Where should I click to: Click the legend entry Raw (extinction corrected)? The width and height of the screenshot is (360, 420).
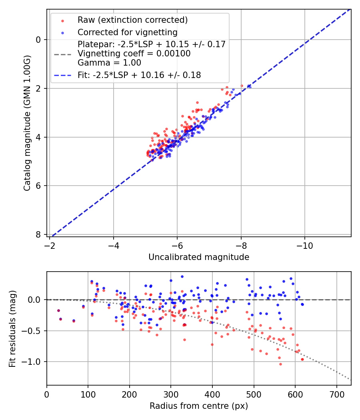(132, 20)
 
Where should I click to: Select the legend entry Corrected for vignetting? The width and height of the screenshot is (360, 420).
(127, 32)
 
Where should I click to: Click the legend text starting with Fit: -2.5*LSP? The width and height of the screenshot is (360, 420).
(139, 75)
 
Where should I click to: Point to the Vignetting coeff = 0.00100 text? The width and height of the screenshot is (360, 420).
(134, 54)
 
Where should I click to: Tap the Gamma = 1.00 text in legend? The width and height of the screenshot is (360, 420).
(109, 63)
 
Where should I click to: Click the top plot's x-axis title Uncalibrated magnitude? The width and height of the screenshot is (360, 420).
(199, 257)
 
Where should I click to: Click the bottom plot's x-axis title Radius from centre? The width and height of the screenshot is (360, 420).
(199, 406)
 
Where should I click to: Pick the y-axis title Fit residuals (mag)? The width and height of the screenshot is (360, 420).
(12, 328)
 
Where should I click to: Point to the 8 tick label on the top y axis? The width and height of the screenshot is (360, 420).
(38, 234)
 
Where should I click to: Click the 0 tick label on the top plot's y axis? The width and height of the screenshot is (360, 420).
(38, 40)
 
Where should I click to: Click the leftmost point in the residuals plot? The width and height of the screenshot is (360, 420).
(58, 310)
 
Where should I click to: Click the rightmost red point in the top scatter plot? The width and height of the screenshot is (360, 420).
(242, 86)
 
